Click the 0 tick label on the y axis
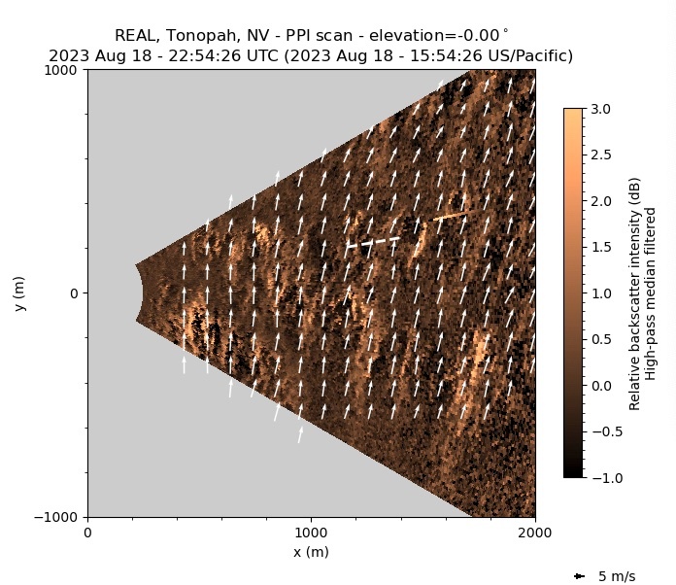point(74,293)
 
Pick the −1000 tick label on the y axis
point(60,517)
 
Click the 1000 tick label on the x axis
point(311,533)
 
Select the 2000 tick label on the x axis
point(534,533)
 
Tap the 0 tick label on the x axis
point(87,533)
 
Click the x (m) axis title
point(311,552)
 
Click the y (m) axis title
point(19,293)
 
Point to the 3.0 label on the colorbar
point(602,109)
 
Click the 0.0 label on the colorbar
point(602,385)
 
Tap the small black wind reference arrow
point(580,576)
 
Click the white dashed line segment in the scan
point(373,241)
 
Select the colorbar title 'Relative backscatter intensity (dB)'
point(634,293)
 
